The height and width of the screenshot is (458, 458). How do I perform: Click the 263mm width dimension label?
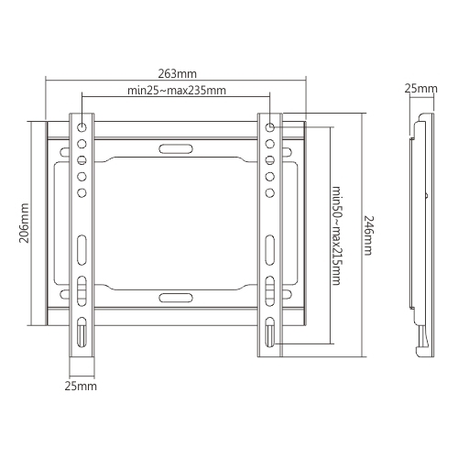(177, 74)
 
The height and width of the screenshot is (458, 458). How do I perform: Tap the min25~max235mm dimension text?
(177, 91)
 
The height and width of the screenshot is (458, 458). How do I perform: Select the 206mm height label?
(24, 223)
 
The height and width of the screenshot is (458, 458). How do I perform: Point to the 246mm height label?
(368, 235)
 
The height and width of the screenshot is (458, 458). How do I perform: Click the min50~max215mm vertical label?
(336, 235)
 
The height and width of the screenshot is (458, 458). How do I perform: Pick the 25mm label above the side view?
(421, 89)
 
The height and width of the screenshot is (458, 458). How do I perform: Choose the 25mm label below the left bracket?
(81, 387)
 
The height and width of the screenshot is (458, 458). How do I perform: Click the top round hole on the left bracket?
(82, 127)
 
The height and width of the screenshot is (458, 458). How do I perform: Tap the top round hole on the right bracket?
(270, 127)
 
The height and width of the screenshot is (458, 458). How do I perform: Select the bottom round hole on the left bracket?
(82, 193)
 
